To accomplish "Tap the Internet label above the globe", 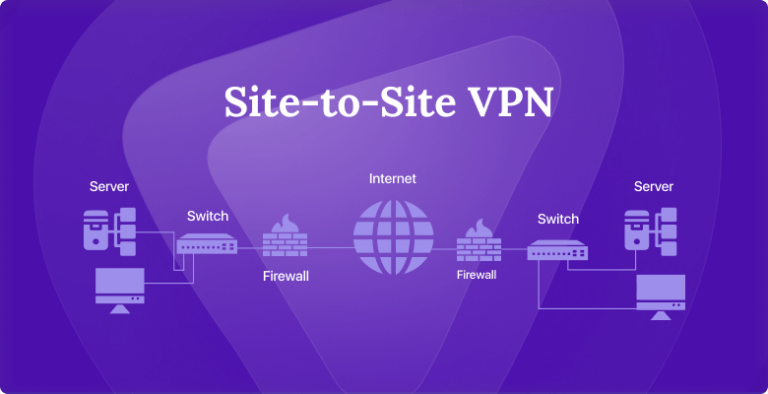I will [392, 179].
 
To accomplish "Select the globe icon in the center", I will [392, 236].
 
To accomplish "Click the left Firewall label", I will [286, 275].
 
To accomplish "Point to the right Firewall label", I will [478, 273].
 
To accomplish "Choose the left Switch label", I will [208, 216].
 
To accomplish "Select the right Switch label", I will [558, 219].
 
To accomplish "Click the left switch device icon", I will [208, 243].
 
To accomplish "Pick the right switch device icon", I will [558, 251].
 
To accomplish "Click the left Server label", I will [109, 186].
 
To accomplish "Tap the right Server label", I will [653, 186].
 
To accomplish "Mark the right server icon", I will [650, 230].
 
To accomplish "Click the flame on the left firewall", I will [285, 222].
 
